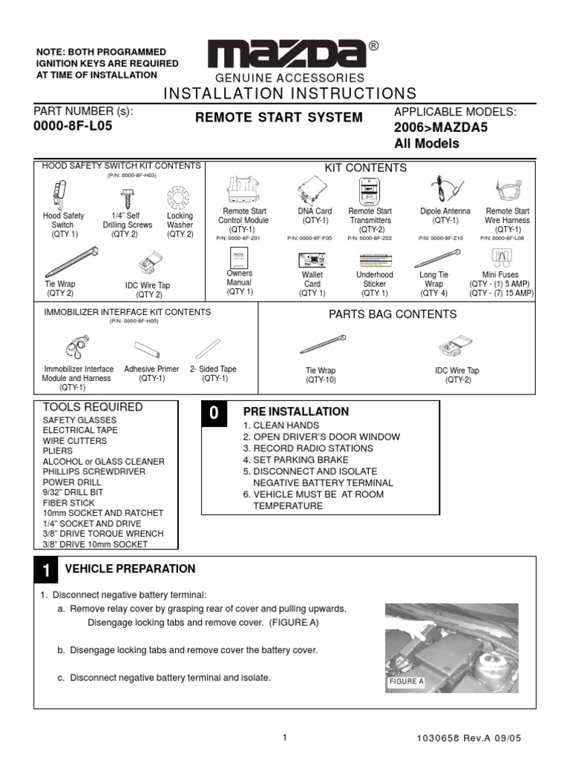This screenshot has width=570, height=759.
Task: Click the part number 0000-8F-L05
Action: [73, 125]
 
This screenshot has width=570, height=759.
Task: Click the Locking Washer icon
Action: [180, 197]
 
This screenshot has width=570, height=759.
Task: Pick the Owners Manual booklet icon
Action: [239, 259]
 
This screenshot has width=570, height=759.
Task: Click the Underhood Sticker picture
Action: [375, 259]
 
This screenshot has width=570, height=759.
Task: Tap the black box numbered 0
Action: [213, 414]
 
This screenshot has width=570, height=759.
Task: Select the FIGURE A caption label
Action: [405, 681]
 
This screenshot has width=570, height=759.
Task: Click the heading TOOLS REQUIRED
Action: [93, 407]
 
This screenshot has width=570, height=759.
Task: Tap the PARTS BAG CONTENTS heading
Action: [392, 314]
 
